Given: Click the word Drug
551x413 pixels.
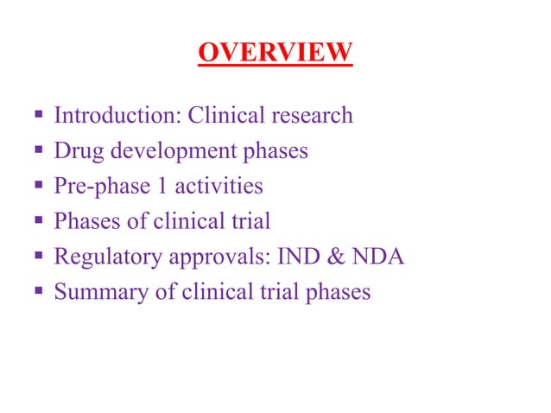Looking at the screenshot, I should tap(74, 150).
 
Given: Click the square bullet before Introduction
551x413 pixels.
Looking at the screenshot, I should tap(39, 116).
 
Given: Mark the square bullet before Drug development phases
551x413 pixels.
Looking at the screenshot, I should tap(39, 151).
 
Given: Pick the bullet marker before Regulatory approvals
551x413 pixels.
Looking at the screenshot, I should tap(39, 257).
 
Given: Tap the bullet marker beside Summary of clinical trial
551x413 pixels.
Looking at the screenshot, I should tap(39, 292).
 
